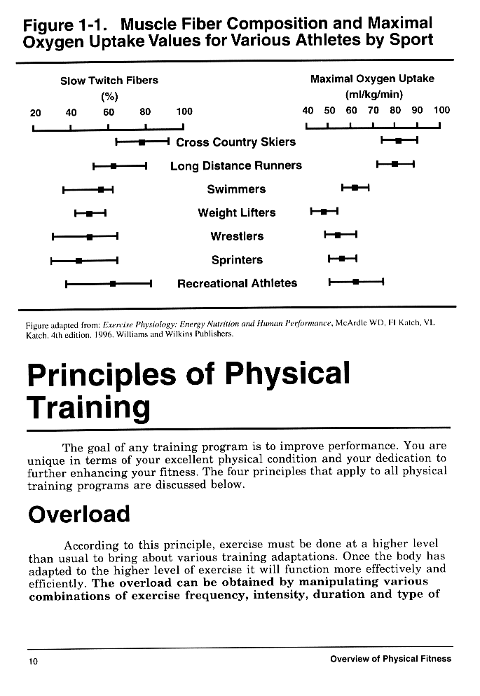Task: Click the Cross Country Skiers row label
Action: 235,142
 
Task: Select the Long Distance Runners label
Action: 236,166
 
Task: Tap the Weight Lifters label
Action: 237,213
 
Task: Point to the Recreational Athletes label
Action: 237,284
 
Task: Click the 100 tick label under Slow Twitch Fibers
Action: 184,111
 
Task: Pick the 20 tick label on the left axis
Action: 35,111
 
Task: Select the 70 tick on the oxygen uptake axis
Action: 373,111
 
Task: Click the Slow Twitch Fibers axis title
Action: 109,81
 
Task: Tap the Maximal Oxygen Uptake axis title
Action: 372,79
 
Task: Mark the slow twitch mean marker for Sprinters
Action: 78,261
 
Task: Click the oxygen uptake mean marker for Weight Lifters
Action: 323,211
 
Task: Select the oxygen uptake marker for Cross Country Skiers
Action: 398,141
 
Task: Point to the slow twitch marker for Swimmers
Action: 102,189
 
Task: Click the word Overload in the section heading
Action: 79,515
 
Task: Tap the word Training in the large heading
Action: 88,407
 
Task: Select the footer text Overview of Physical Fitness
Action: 390,659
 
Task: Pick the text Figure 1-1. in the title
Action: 64,25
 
